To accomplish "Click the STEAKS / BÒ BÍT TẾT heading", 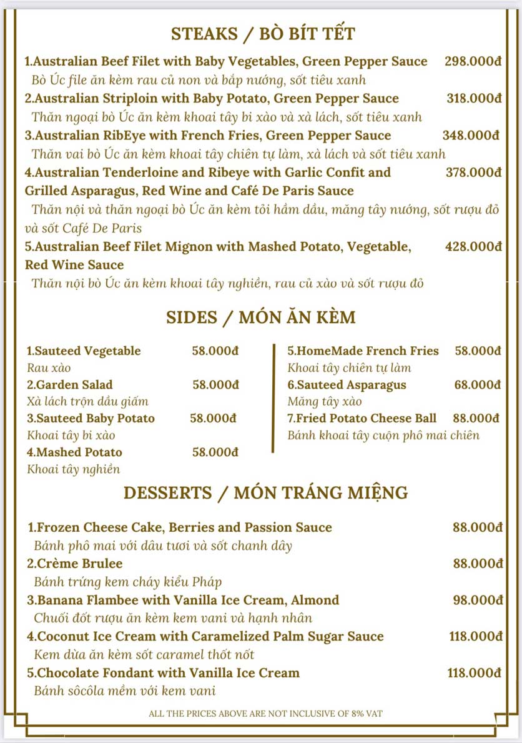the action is pos(263,33).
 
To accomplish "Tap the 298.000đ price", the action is pos(473,61).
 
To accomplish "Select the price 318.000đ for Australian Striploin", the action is pos(474,98).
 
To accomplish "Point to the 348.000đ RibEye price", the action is pos(471,136).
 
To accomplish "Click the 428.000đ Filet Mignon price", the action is pos(473,247).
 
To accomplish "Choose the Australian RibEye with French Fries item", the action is pos(208,136).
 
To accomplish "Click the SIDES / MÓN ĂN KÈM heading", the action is pos(261,317).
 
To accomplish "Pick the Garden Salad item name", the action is pos(70,385).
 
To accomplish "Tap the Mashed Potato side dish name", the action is pos(74,452).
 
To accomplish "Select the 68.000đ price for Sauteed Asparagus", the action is pos(477,385).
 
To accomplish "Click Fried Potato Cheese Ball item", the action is pos(362,419).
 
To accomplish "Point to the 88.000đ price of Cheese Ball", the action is pos(477,419).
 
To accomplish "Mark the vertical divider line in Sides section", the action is pos(273,397).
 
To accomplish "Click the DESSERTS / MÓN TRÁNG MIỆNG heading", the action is pos(265,492).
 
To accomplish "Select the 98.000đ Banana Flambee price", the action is pos(477,601).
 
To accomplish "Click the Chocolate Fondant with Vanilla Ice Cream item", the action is pos(164,673).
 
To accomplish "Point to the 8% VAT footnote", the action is pos(265,713).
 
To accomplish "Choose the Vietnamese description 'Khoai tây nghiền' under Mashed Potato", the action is pos(74,469).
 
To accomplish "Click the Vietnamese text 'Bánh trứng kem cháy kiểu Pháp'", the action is pos(128,582).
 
